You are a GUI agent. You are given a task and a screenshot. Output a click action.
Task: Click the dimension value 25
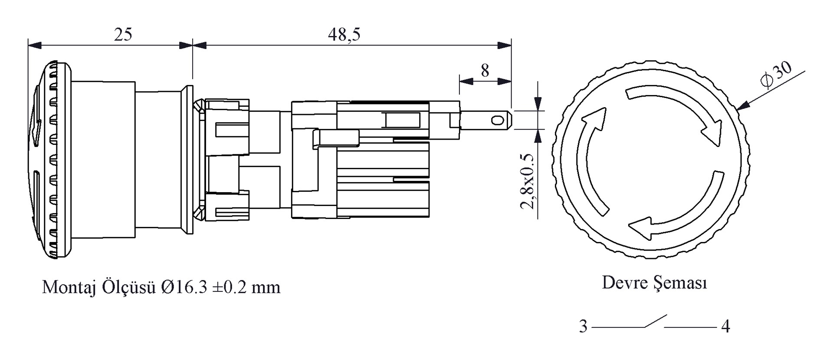click(x=123, y=34)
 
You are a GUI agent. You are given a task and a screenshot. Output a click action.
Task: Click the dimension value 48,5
click(x=344, y=34)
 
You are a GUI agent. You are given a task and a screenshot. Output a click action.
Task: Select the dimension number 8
click(x=485, y=70)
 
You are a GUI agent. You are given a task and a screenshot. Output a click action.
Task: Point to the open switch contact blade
click(x=655, y=321)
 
